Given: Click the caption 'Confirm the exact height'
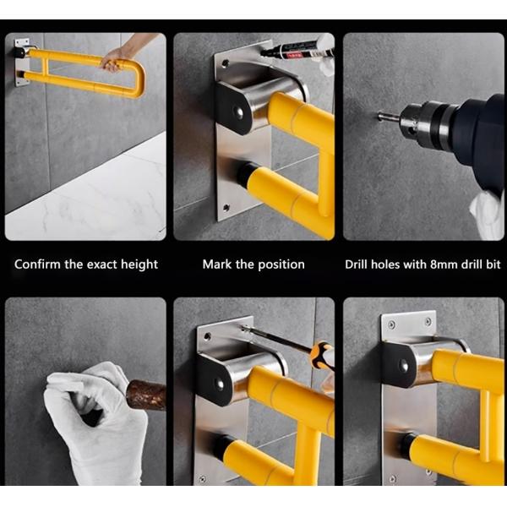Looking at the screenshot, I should (86, 264).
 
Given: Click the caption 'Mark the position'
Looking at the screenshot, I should (253, 264).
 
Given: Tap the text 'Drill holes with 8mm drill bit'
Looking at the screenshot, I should (422, 264).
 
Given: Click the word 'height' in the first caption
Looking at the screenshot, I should (139, 264).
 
